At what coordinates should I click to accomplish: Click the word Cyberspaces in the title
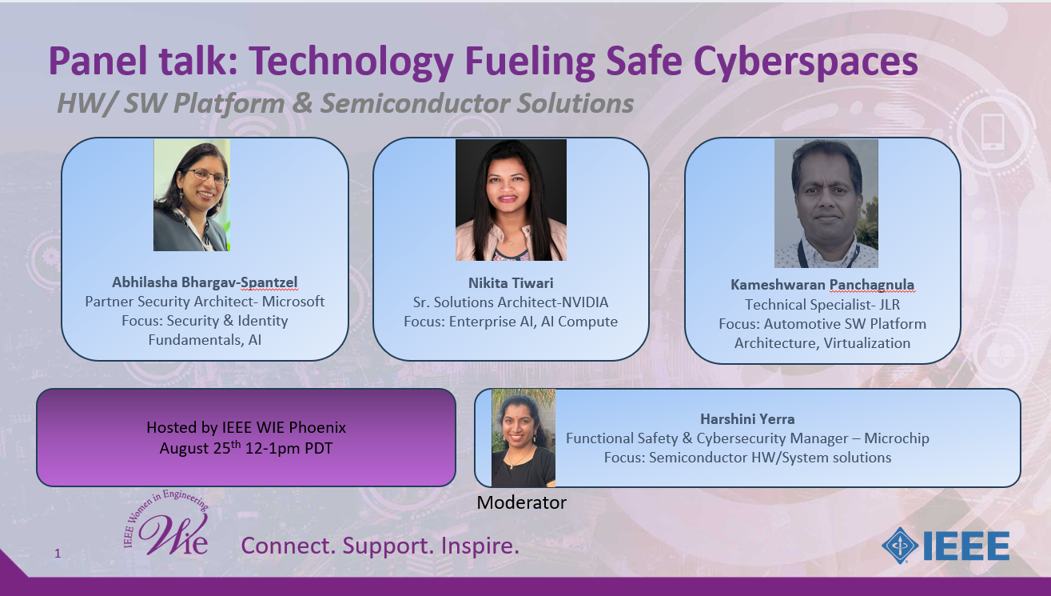tap(805, 62)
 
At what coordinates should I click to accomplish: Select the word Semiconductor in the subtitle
tap(415, 103)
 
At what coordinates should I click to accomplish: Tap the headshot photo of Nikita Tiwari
tap(511, 200)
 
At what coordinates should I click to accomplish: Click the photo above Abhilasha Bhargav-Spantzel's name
tap(192, 195)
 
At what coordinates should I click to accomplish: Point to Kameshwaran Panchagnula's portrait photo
tap(826, 203)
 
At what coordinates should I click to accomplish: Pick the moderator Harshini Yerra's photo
tap(524, 438)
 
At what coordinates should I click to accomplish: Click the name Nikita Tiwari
tap(511, 283)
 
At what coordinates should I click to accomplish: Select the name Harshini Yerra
tap(747, 419)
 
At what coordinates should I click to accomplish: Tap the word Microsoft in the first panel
tap(293, 302)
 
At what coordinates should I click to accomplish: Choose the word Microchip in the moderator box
tap(896, 438)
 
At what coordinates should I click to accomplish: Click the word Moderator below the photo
tap(522, 502)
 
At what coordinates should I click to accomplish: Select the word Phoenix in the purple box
tap(317, 427)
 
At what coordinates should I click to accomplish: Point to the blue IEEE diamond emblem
tap(900, 546)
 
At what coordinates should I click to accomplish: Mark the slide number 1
tap(58, 554)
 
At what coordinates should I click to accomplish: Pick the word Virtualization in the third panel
tap(867, 343)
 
